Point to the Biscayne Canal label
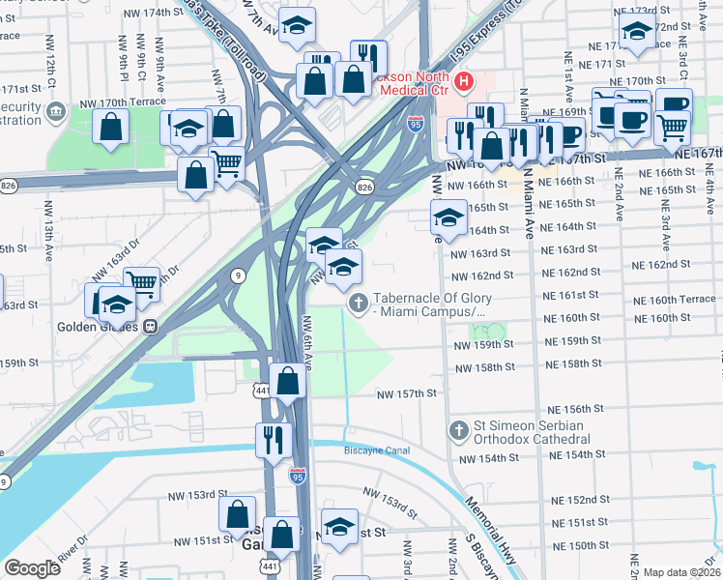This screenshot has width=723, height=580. [x=378, y=450]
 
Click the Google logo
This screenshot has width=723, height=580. [x=33, y=568]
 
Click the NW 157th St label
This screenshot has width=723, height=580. [x=407, y=394]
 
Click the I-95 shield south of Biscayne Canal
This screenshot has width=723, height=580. [x=298, y=475]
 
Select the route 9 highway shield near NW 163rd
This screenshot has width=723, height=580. [x=238, y=275]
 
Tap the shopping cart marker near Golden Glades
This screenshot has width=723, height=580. [x=141, y=283]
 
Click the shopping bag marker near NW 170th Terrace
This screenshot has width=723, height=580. [x=112, y=126]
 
